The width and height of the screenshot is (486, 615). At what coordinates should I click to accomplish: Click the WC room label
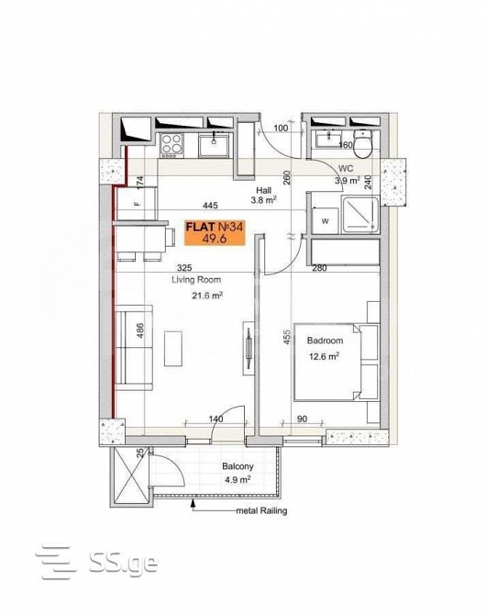click(346, 169)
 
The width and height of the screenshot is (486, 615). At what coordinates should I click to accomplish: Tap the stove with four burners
click(171, 144)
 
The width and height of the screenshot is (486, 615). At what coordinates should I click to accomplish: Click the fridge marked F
click(137, 204)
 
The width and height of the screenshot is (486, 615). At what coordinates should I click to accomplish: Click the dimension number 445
click(211, 207)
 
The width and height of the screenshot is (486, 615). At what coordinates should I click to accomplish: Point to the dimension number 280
click(319, 268)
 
